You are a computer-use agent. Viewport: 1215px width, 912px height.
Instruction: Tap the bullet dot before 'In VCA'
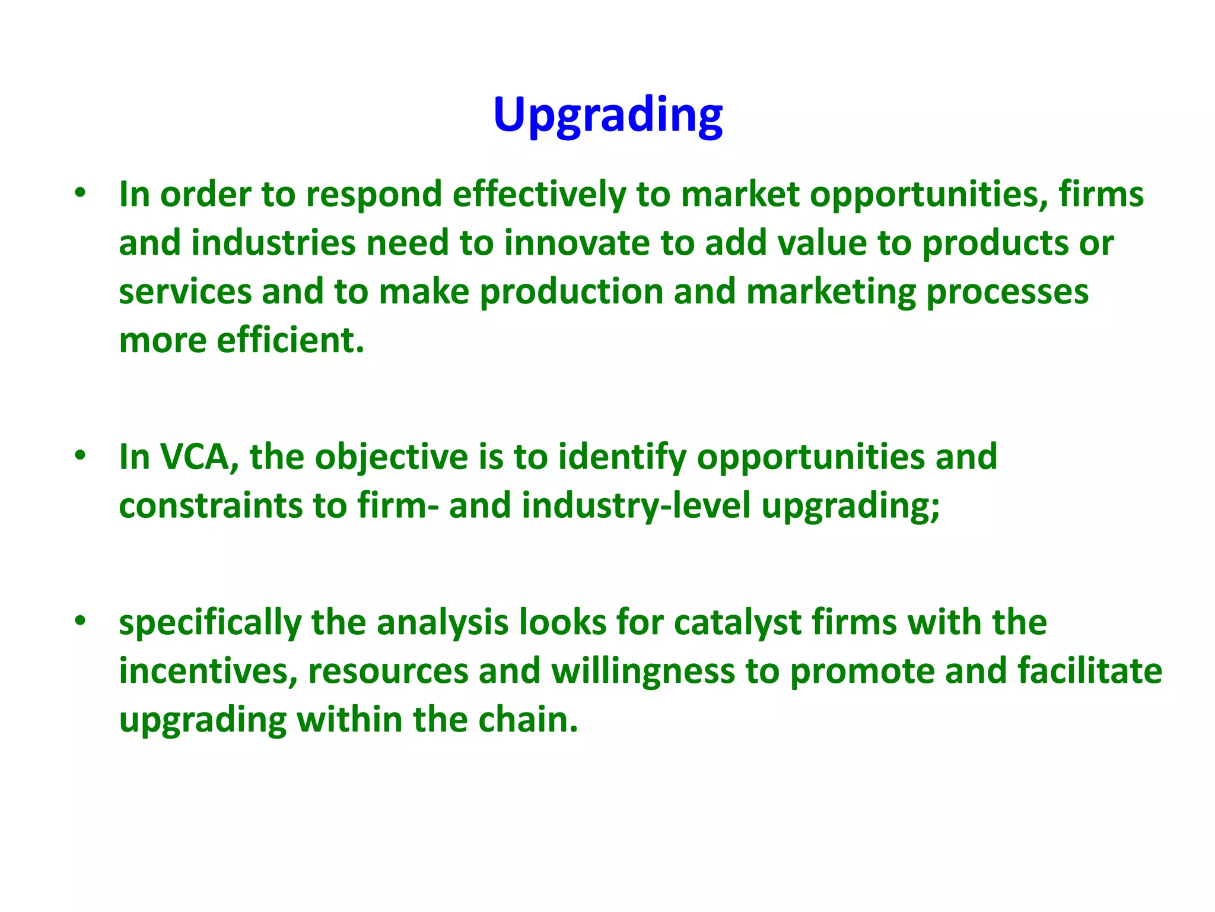coord(81,455)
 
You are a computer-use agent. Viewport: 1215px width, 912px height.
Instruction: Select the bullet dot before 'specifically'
coord(81,620)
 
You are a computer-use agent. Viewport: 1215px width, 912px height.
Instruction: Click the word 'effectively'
coord(539,194)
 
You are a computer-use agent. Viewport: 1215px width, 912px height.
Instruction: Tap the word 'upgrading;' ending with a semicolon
coord(851,506)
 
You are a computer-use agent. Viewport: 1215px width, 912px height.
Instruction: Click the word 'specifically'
coord(210,623)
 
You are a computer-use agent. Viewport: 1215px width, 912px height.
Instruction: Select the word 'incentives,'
coord(208,671)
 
